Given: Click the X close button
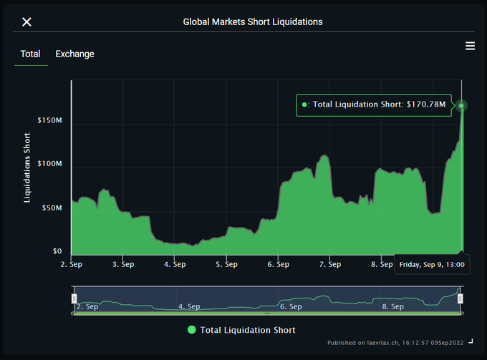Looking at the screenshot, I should [x=26, y=21].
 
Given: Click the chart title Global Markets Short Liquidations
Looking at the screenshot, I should [x=253, y=21].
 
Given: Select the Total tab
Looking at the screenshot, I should [x=30, y=54].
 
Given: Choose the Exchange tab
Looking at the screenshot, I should [x=74, y=54].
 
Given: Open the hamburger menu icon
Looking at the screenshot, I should [x=470, y=46].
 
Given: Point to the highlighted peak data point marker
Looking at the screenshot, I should [x=462, y=106].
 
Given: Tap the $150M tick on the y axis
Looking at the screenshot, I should [x=49, y=120].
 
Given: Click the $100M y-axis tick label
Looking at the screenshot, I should [x=49, y=164].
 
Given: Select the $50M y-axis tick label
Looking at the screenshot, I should [x=52, y=208].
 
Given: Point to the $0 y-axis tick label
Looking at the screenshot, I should [x=57, y=251].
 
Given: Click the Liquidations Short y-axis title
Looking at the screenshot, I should [x=27, y=167].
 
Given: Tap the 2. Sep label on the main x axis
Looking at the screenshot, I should [x=72, y=264].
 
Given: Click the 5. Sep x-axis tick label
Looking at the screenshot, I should [x=226, y=264].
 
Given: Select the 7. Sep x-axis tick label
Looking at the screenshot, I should [x=329, y=264].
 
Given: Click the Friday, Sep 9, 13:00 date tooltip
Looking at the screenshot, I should [x=432, y=265].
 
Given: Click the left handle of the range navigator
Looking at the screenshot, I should [x=74, y=298].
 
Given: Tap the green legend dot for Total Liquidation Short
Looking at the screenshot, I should [x=191, y=330].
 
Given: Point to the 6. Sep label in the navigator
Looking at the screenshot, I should [x=291, y=306].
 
